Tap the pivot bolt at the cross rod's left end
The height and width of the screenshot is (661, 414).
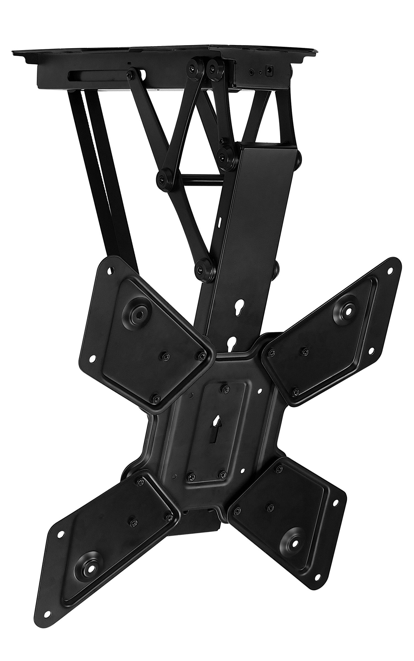(x=163, y=176)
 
